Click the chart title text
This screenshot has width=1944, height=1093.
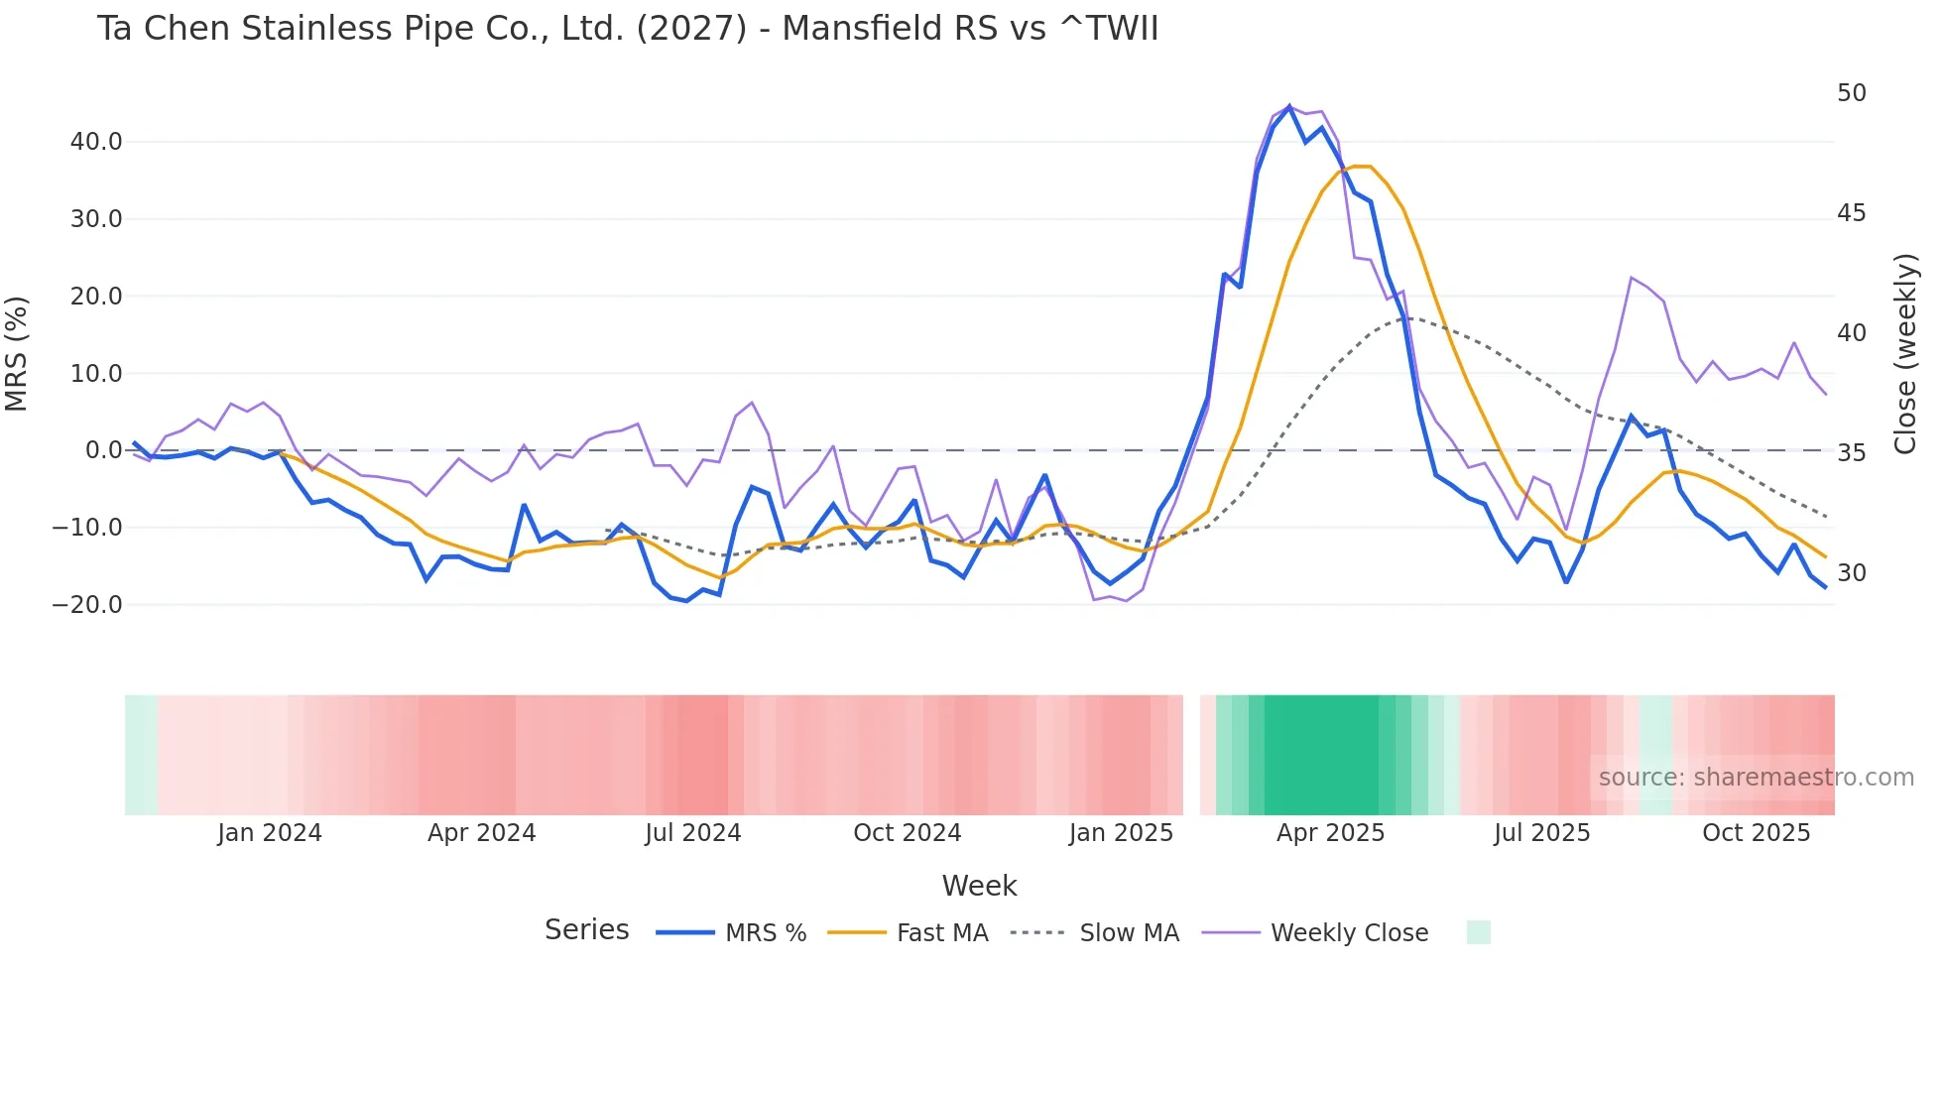pyautogui.click(x=627, y=28)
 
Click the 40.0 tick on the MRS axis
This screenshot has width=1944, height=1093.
pyautogui.click(x=96, y=142)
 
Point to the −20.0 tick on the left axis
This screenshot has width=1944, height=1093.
pyautogui.click(x=87, y=604)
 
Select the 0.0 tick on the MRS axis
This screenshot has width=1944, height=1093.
pyautogui.click(x=103, y=450)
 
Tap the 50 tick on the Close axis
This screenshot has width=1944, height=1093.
pyautogui.click(x=1851, y=93)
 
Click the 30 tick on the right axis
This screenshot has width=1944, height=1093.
pyautogui.click(x=1851, y=573)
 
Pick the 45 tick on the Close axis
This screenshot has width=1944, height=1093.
pyautogui.click(x=1851, y=213)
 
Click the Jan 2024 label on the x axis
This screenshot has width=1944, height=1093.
pyautogui.click(x=270, y=833)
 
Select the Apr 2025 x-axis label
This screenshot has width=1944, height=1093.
pyautogui.click(x=1330, y=833)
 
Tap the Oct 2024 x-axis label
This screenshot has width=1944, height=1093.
pyautogui.click(x=907, y=833)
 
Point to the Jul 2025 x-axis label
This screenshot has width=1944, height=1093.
pyautogui.click(x=1541, y=833)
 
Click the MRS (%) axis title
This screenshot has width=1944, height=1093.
pyautogui.click(x=17, y=353)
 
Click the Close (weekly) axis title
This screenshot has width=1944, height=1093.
pyautogui.click(x=1905, y=353)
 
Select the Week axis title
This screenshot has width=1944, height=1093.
pyautogui.click(x=979, y=886)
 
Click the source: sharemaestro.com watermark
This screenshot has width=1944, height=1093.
pyautogui.click(x=1756, y=778)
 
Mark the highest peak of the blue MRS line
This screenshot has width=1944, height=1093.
pyautogui.click(x=1289, y=106)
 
